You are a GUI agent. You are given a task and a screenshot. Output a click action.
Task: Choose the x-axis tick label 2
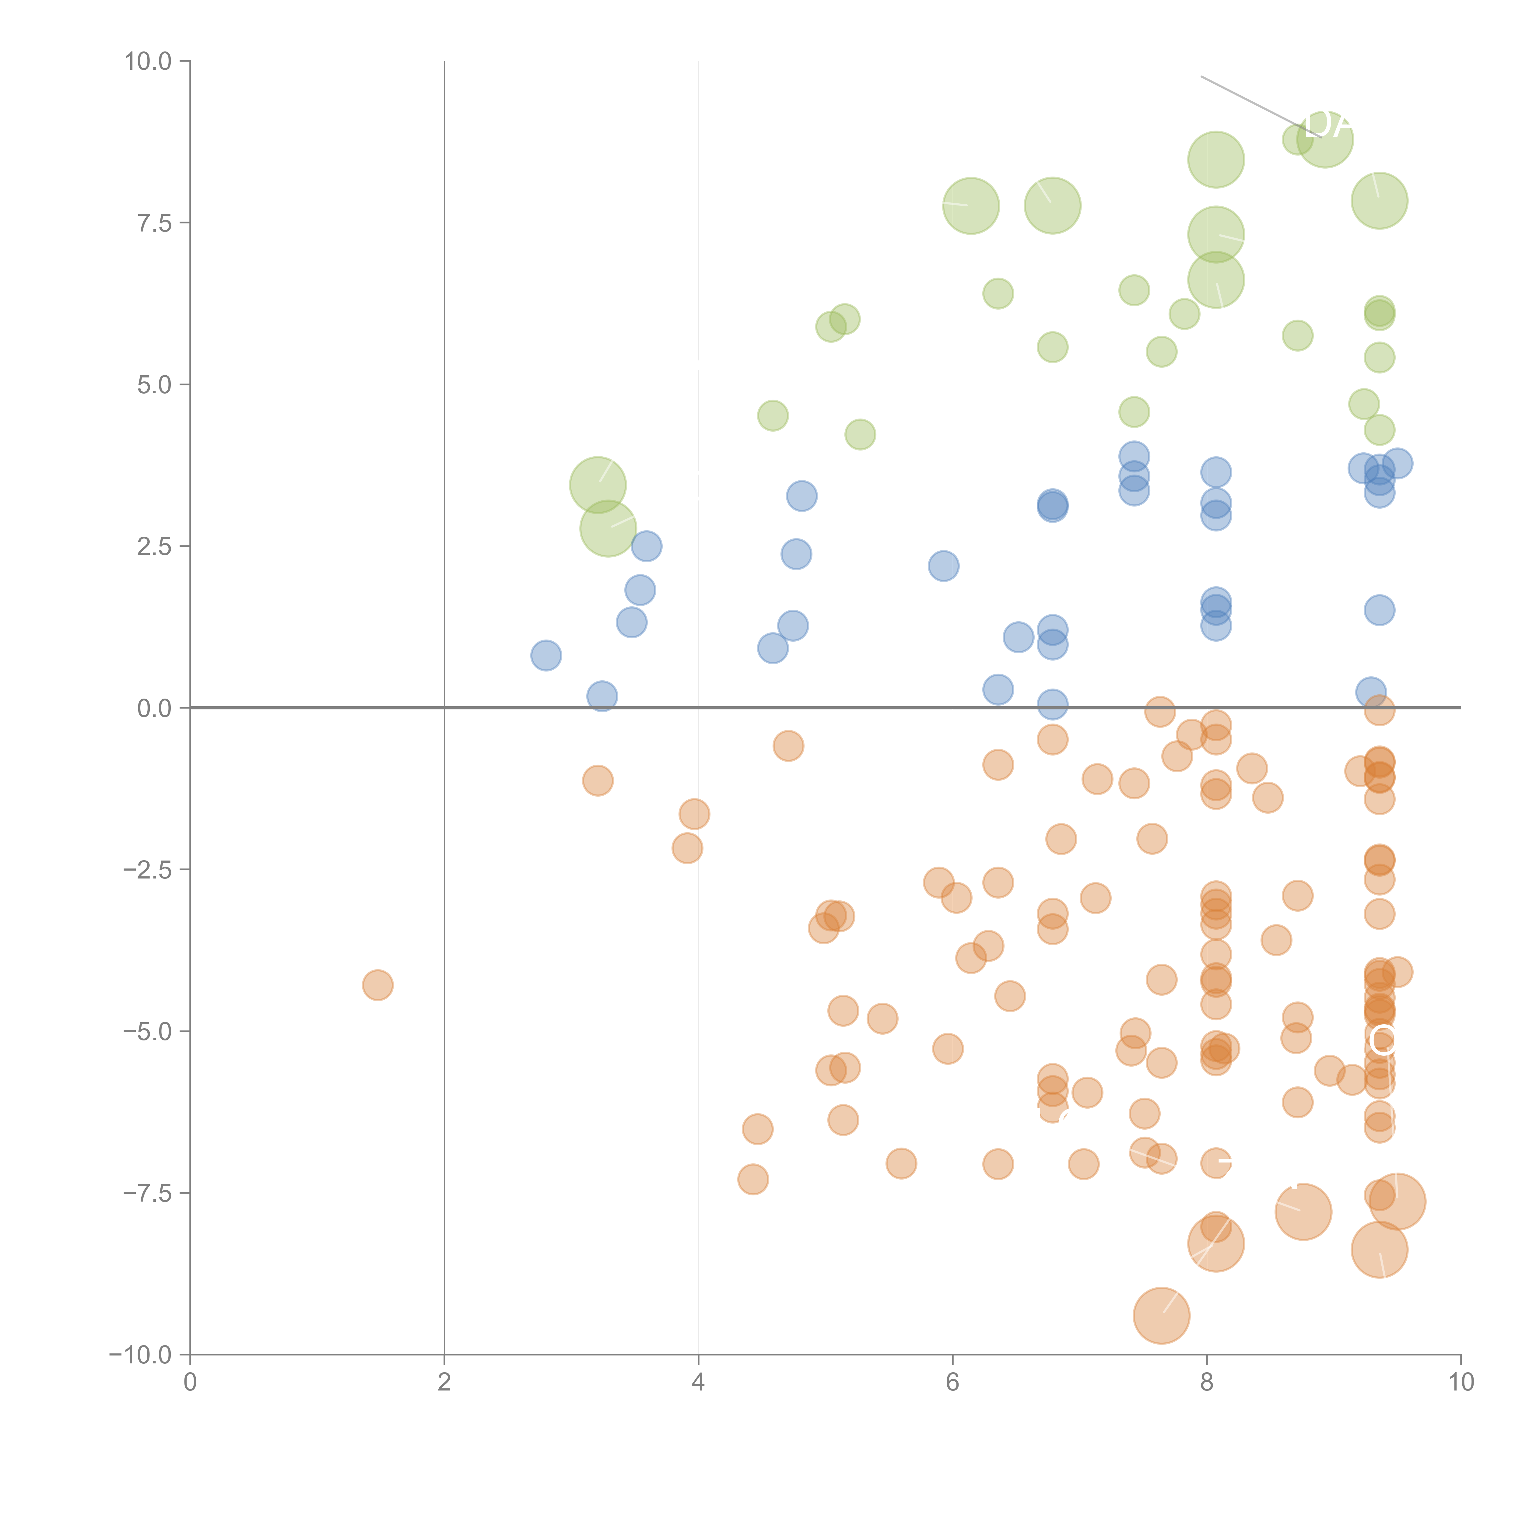click(444, 1383)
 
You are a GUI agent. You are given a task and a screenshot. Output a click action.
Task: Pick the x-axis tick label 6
click(952, 1383)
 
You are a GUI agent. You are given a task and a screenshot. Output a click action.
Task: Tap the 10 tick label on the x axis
click(1461, 1383)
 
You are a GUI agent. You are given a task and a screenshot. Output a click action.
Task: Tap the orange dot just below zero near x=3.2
click(598, 781)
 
